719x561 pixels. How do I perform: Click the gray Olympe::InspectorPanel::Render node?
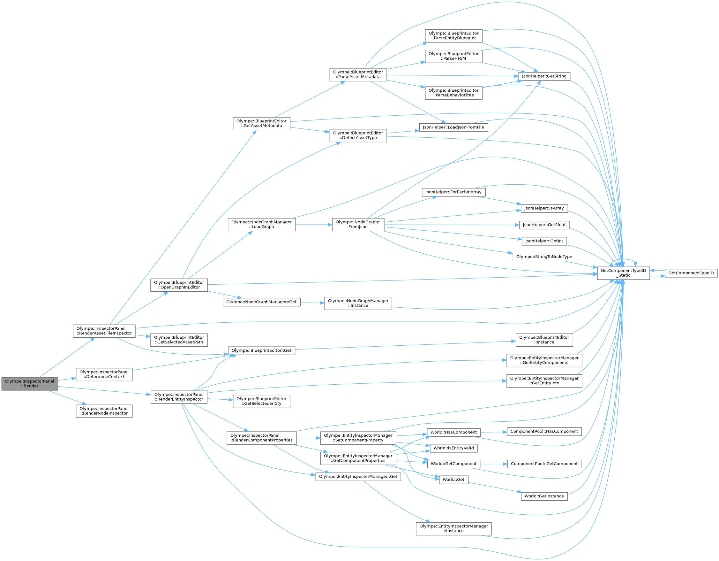tap(30, 384)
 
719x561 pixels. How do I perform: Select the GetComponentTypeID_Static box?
tap(623, 273)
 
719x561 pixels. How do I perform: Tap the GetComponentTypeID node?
tap(691, 273)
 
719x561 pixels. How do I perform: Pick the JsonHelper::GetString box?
tap(544, 76)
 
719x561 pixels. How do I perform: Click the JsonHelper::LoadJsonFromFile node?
tap(453, 127)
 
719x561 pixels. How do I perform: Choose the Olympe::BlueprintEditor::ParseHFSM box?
tap(453, 56)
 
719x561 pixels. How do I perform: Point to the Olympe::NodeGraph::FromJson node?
tap(358, 225)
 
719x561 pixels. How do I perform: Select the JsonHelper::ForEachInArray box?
tap(453, 192)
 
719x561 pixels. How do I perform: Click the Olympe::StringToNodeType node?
tap(544, 257)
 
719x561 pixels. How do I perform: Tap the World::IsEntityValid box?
tap(453, 448)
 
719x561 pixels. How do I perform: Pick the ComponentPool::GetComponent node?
tap(544, 464)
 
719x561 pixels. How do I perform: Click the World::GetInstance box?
tap(544, 496)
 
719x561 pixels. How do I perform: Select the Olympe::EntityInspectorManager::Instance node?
tap(453, 528)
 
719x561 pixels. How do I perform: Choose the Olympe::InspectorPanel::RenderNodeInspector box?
tap(104, 411)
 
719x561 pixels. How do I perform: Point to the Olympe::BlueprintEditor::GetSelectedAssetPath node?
tap(179, 340)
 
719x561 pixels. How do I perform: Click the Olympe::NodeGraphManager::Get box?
tap(261, 302)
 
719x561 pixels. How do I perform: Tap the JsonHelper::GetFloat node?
tap(544, 225)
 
